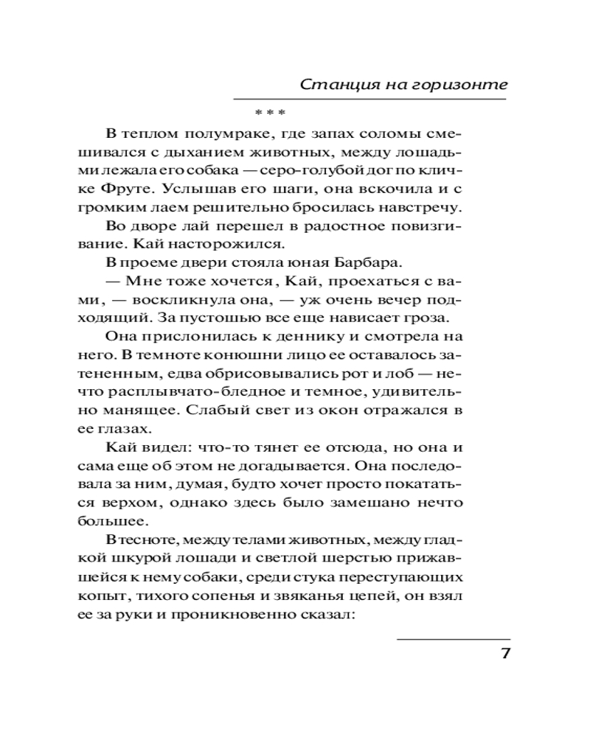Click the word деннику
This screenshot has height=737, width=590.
[x=316, y=338]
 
